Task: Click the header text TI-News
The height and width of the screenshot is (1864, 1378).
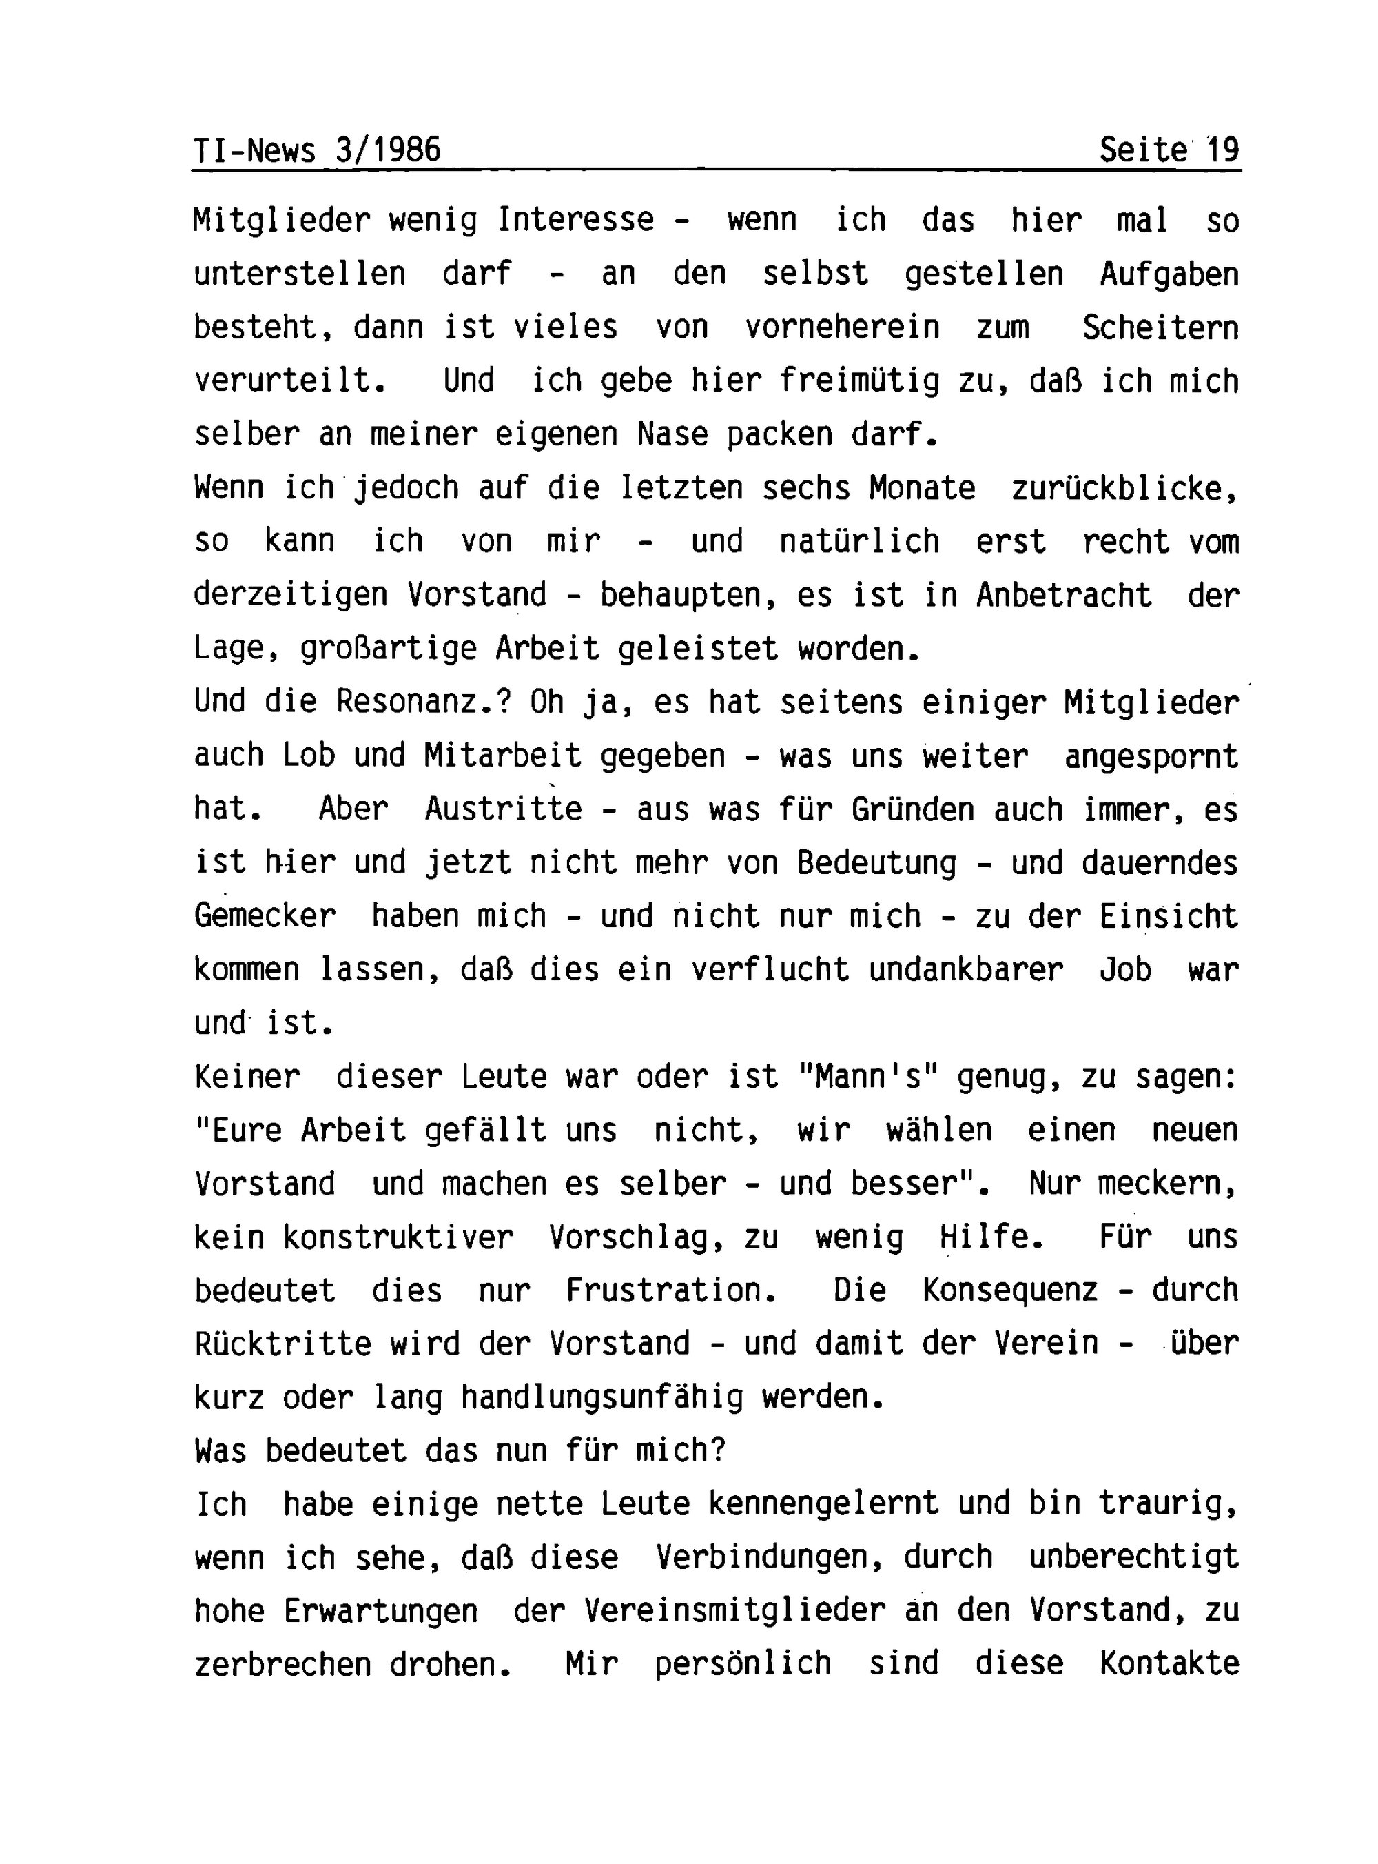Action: (x=254, y=150)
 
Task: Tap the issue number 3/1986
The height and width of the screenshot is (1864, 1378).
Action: (x=388, y=150)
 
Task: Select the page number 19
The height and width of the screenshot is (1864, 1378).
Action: (x=1224, y=150)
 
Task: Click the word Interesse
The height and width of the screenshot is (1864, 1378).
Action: (x=575, y=221)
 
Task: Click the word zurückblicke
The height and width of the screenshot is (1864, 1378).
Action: (x=1124, y=488)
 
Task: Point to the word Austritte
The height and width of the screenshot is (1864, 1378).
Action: (x=504, y=809)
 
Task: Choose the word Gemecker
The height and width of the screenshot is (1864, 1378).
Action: (x=265, y=916)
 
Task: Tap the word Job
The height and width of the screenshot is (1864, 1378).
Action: (x=1125, y=969)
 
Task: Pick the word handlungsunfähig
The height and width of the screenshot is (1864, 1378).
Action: (x=601, y=1397)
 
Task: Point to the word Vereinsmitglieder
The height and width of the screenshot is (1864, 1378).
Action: (x=734, y=1611)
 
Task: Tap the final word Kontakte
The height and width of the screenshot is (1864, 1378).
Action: (x=1169, y=1665)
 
